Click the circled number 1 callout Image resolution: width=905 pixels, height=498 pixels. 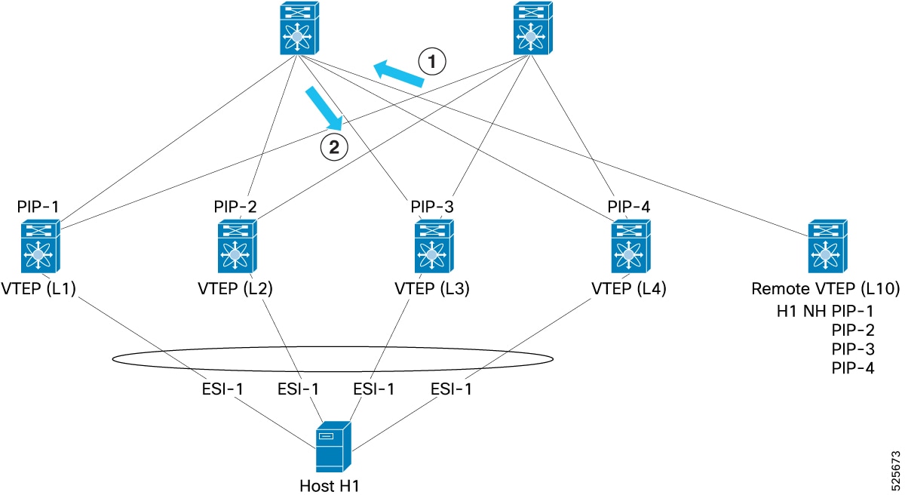[x=432, y=61]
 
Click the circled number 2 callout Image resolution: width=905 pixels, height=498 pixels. [x=334, y=148]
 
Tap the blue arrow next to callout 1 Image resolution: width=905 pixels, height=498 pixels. [x=398, y=74]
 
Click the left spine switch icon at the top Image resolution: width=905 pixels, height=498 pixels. [x=299, y=28]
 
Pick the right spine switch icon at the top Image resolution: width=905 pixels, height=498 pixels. [x=533, y=28]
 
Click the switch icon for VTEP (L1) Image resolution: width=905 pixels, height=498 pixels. [x=41, y=246]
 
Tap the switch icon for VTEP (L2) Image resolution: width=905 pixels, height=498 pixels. [x=237, y=246]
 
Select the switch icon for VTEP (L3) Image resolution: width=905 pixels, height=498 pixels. [x=434, y=246]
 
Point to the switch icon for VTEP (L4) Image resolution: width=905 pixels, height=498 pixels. [x=630, y=246]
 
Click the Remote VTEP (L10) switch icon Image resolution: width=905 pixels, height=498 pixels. [x=827, y=246]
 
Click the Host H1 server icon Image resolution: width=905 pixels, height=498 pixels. [x=333, y=447]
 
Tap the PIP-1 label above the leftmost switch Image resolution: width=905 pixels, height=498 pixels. [x=38, y=207]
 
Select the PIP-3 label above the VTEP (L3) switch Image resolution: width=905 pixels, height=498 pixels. [x=432, y=207]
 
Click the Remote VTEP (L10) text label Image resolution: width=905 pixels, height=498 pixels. [x=826, y=289]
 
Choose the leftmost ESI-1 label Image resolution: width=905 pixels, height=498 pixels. [x=222, y=389]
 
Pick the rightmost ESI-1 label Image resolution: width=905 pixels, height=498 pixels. [x=451, y=389]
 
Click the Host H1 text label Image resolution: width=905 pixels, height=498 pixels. [x=330, y=486]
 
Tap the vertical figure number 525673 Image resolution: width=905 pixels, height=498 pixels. [x=896, y=471]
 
